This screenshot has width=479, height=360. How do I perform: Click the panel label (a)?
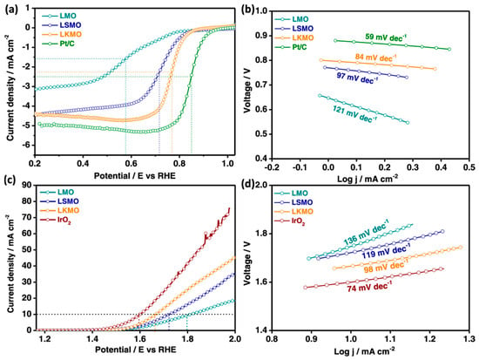coord(11,10)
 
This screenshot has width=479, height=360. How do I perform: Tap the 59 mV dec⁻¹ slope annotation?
coord(386,38)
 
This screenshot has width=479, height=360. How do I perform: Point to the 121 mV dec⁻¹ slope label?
coord(353,114)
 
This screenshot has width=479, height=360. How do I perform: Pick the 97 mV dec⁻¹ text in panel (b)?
coord(357,78)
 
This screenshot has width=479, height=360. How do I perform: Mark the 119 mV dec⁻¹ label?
coord(386,251)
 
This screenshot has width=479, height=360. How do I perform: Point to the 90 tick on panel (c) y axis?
coord(27,185)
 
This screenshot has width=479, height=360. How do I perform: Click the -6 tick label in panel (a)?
coord(28,145)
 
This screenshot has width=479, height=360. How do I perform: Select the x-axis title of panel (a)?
coord(135,176)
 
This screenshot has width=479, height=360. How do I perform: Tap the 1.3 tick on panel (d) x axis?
coord(469,339)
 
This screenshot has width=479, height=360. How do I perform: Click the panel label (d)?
coord(247,186)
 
